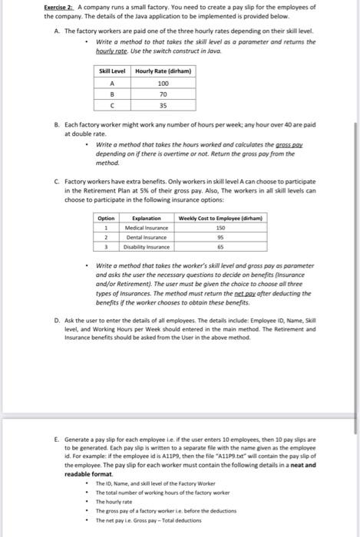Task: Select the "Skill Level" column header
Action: click(113, 71)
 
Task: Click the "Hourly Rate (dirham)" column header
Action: click(162, 71)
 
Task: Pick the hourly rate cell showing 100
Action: click(162, 83)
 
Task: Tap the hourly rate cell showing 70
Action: click(162, 94)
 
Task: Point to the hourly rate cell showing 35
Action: click(162, 106)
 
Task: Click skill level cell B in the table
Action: click(113, 94)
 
